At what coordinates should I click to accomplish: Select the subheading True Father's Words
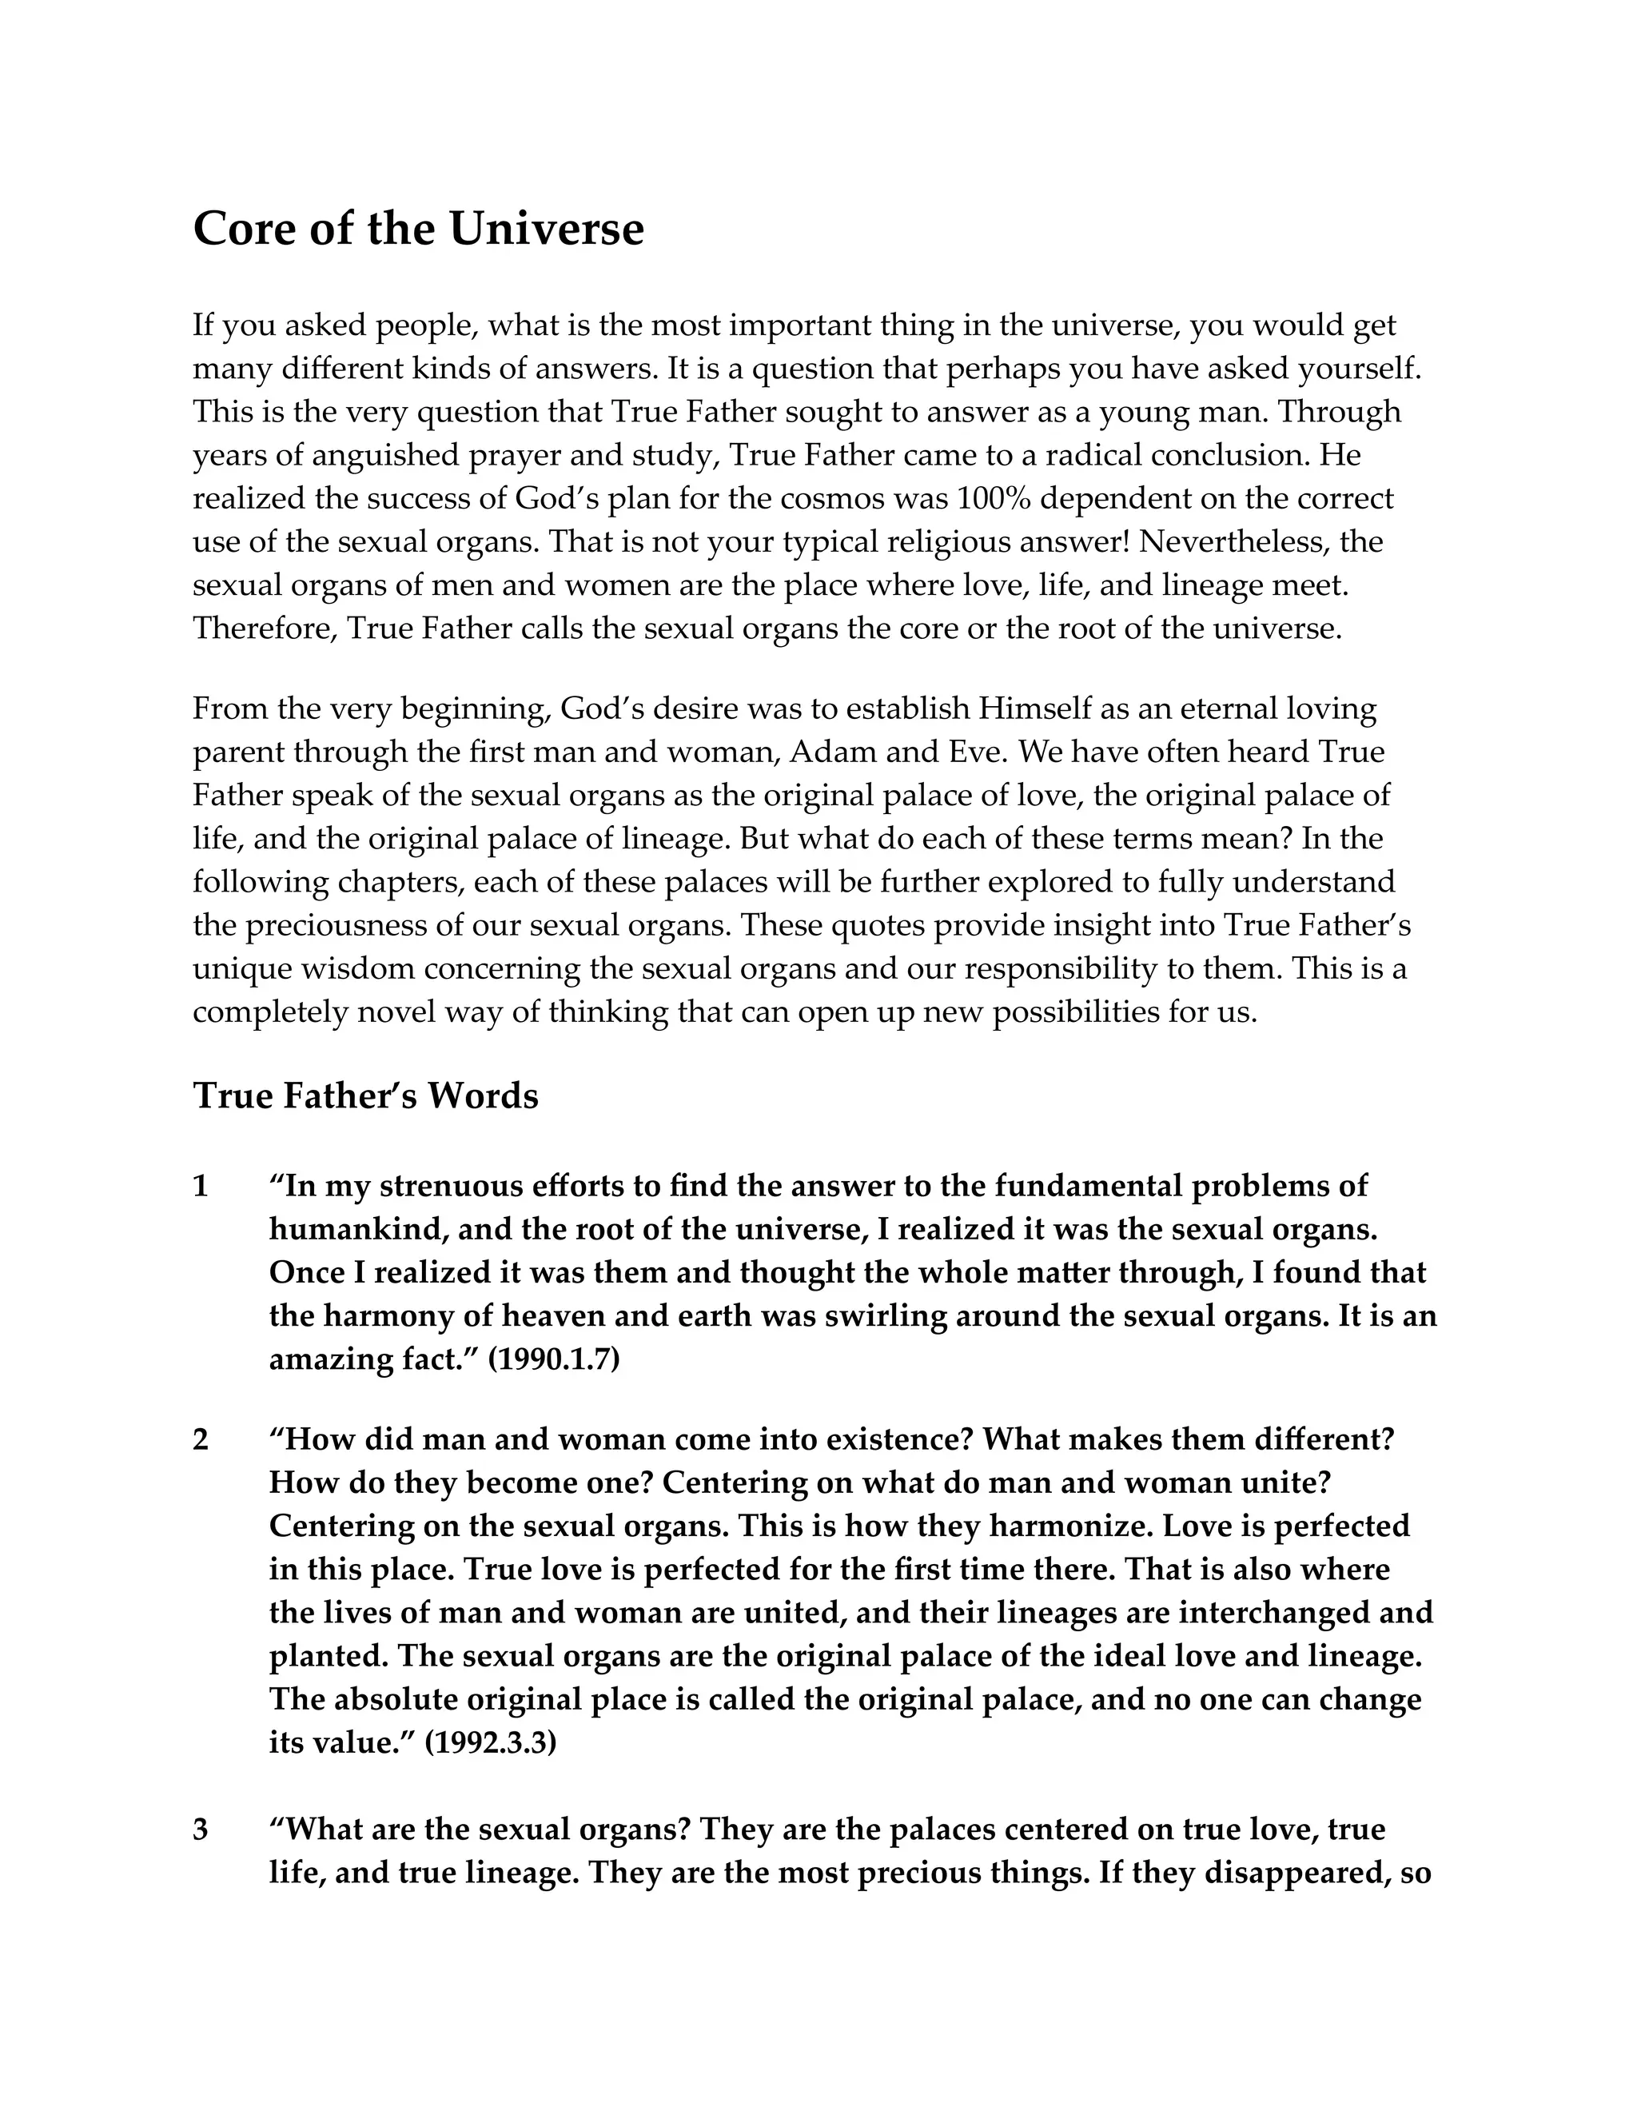click(x=365, y=1095)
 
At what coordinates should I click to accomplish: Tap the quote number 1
click(x=201, y=1186)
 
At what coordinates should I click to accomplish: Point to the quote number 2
click(x=201, y=1439)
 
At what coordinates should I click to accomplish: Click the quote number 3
click(x=201, y=1829)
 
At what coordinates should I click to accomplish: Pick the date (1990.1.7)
click(x=554, y=1359)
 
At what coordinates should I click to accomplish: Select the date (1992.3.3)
click(x=491, y=1742)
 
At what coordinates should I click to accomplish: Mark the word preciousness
click(x=345, y=926)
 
